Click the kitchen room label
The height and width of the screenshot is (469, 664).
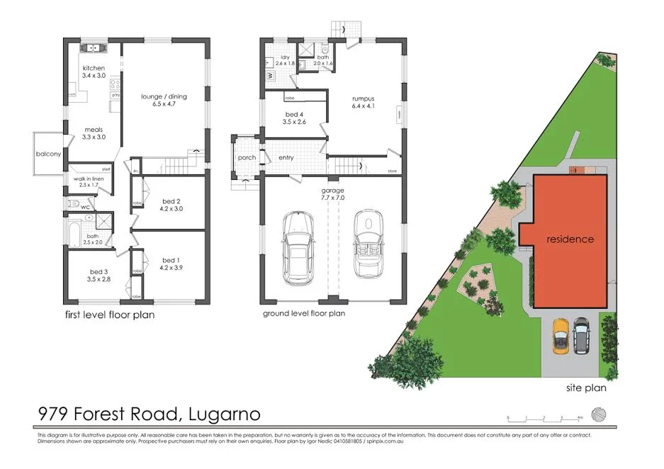[94, 68]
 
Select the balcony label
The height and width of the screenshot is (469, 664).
[48, 154]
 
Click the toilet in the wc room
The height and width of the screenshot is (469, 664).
[74, 204]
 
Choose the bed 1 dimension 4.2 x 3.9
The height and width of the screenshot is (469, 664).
[171, 268]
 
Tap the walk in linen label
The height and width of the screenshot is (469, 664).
[89, 180]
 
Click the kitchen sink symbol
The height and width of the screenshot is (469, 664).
[92, 49]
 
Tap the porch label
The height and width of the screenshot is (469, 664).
[246, 158]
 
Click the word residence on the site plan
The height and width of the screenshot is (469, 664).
[570, 239]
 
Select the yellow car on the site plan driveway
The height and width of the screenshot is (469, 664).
[561, 336]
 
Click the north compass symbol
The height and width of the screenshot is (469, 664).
[600, 414]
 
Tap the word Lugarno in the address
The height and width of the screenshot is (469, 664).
[225, 413]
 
